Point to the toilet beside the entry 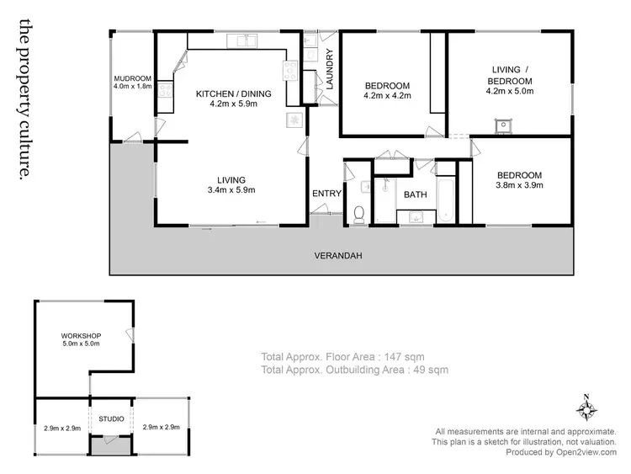pyautogui.click(x=359, y=215)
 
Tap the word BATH pyautogui.click(x=415, y=194)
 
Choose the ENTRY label pyautogui.click(x=326, y=194)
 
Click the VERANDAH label pyautogui.click(x=338, y=255)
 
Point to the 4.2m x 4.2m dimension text pyautogui.click(x=386, y=96)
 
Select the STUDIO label pyautogui.click(x=111, y=418)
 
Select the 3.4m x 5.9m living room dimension pyautogui.click(x=231, y=189)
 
